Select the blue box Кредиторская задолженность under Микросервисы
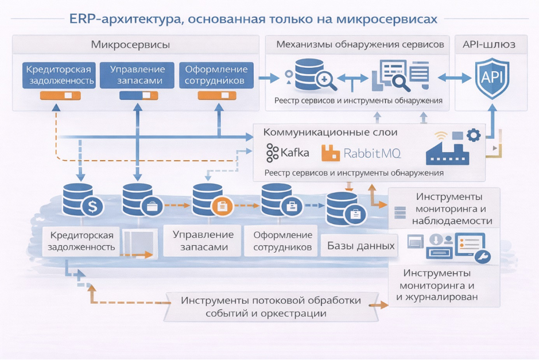(x=59, y=75)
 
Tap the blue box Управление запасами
(x=137, y=75)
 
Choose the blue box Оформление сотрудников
(x=214, y=75)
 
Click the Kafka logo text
(x=288, y=153)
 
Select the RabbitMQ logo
(x=361, y=153)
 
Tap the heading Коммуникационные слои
(x=330, y=133)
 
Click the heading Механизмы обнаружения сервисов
(x=360, y=45)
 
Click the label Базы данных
(x=360, y=246)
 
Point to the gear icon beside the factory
(x=473, y=136)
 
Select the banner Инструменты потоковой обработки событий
(x=271, y=307)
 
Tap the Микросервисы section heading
(x=130, y=45)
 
